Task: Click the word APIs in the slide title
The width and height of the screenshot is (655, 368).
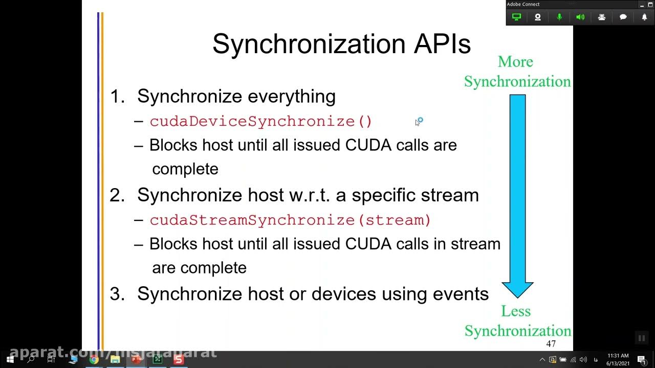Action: click(x=442, y=44)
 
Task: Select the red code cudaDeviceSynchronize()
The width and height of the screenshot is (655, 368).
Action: click(x=261, y=122)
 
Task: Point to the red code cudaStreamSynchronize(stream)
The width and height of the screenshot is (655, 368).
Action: click(x=290, y=220)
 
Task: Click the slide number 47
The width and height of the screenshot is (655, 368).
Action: click(x=551, y=344)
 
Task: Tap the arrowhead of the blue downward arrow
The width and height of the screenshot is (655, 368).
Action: click(x=517, y=289)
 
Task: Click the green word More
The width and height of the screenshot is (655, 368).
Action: click(x=515, y=62)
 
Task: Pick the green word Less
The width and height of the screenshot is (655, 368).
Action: click(x=515, y=311)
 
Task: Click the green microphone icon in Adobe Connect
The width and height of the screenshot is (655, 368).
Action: click(x=559, y=17)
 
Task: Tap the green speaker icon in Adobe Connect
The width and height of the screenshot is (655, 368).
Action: click(x=580, y=17)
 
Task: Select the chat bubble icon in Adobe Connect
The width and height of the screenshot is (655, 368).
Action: click(x=623, y=17)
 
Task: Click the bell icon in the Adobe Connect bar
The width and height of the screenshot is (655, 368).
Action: click(x=644, y=17)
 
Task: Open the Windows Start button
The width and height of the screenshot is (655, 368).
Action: click(x=10, y=359)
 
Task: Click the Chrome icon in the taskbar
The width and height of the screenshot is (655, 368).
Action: click(x=94, y=359)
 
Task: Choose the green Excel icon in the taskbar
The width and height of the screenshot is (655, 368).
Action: click(x=157, y=359)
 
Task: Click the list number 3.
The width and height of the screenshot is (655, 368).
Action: click(x=117, y=294)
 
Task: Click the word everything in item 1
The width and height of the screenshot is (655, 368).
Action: click(x=291, y=96)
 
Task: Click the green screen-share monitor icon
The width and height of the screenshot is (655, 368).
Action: click(x=516, y=17)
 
